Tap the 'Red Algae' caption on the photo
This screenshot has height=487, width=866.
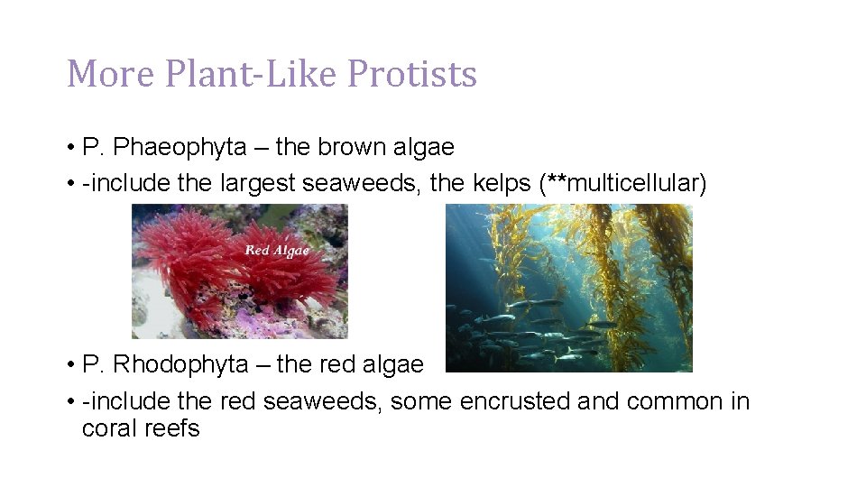(x=277, y=250)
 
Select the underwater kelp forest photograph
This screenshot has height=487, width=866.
(x=568, y=288)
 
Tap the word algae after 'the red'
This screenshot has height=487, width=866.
(x=389, y=364)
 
